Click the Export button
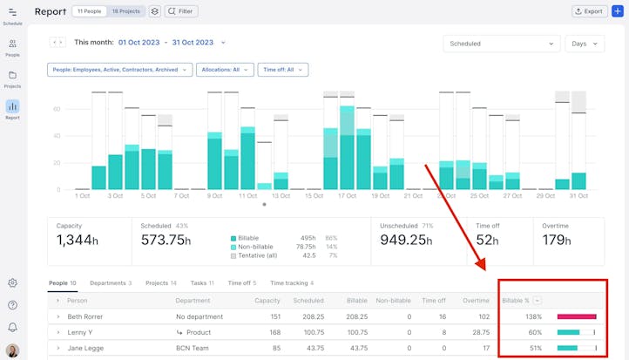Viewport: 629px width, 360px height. pos(590,11)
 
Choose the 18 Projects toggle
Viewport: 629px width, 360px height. pos(125,11)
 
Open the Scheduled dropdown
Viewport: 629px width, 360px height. pos(501,44)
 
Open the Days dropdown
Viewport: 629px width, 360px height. pos(585,44)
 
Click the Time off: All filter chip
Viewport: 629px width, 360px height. pos(282,70)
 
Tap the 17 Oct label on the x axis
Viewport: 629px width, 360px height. pos(346,196)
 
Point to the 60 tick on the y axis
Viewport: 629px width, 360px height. pos(57,109)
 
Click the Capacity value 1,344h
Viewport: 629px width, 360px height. pos(78,240)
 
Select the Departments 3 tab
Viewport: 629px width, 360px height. pos(111,283)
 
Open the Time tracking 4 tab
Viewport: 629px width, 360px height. pos(292,283)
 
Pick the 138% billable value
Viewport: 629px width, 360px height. pos(532,316)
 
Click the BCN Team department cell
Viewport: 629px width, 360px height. pos(195,348)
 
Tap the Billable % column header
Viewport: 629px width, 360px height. pos(517,300)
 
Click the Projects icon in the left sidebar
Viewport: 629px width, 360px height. pos(12,78)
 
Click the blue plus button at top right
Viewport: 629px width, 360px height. pos(618,11)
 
